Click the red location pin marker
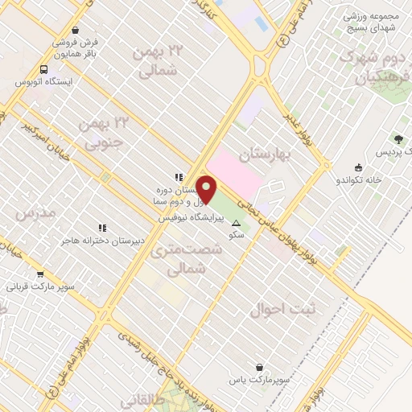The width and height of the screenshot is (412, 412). tap(207, 190)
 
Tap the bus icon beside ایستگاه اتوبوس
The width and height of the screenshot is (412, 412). tap(43, 69)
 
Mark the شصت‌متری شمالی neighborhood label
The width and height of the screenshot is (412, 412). tap(178, 260)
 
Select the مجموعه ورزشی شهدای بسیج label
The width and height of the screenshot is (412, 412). tap(373, 22)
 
